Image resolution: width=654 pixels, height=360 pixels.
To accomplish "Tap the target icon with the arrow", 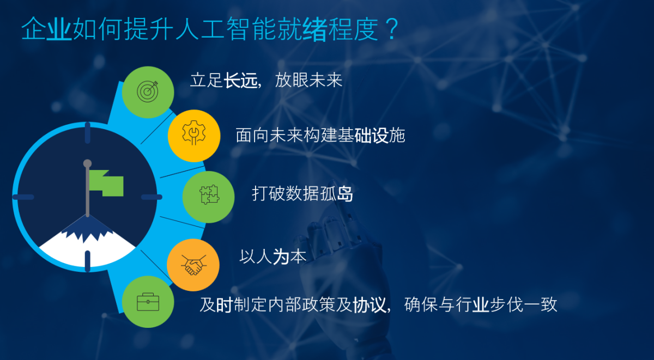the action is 148,91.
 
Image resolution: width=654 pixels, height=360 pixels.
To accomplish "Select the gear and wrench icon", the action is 194,133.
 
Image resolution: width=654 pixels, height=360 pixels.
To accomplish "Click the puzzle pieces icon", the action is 209,194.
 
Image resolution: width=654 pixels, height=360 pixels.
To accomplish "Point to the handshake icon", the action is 193,265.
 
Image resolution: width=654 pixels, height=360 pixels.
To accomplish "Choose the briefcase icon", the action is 148,302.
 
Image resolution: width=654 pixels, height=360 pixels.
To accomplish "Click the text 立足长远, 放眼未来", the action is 266,80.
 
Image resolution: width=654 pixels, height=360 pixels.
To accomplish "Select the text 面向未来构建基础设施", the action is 320,136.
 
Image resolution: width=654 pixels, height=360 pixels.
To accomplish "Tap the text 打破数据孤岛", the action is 302,193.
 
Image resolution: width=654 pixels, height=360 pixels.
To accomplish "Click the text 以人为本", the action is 272,257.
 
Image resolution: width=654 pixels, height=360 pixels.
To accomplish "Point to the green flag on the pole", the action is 106,183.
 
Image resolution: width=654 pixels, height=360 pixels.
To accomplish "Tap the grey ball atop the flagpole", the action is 87,163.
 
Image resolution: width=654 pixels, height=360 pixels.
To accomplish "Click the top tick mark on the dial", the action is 88,133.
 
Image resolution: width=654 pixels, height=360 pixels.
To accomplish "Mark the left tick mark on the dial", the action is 23,197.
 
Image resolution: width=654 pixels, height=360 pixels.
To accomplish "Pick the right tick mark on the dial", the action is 152,197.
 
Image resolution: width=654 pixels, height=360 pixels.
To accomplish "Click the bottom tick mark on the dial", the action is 88,261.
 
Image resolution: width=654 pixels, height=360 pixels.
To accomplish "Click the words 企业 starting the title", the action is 46,28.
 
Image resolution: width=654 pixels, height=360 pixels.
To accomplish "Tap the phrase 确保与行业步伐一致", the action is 481,304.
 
